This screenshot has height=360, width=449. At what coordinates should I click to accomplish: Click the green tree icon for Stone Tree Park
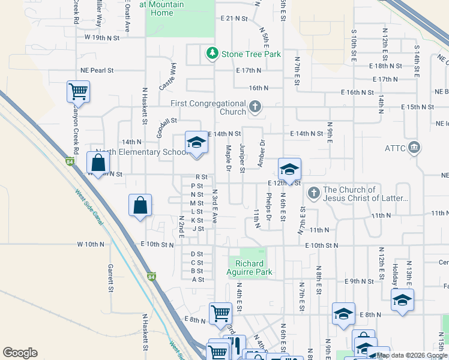point(211,55)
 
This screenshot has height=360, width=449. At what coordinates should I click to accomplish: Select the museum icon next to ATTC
point(414,148)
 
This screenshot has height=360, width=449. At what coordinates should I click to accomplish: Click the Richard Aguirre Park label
point(254,268)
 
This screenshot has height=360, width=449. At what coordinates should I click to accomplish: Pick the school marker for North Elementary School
point(196,143)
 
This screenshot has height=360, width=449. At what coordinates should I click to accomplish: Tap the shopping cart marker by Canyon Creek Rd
point(78,92)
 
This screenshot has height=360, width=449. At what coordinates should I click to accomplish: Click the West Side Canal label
point(88,207)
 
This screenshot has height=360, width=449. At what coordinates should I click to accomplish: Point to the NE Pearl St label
point(98,70)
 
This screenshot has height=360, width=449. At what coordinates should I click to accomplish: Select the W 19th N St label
point(102,37)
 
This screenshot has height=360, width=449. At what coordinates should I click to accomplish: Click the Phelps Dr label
point(268,206)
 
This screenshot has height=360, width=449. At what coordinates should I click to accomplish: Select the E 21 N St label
point(234,19)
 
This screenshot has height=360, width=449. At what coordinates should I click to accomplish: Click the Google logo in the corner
point(20,353)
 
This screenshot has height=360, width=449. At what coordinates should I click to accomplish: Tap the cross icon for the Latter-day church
point(313,193)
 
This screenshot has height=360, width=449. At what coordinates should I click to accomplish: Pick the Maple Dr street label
point(229,157)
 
